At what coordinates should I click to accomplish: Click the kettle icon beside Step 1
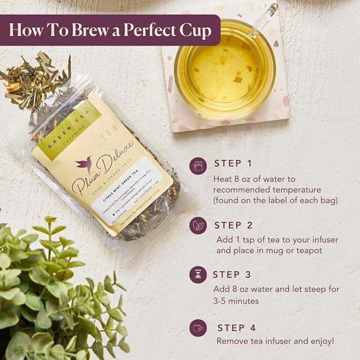point(198,166)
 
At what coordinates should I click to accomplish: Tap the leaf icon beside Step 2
point(198,225)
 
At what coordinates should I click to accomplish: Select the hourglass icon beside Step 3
point(198,275)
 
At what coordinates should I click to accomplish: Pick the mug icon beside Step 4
point(198,328)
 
